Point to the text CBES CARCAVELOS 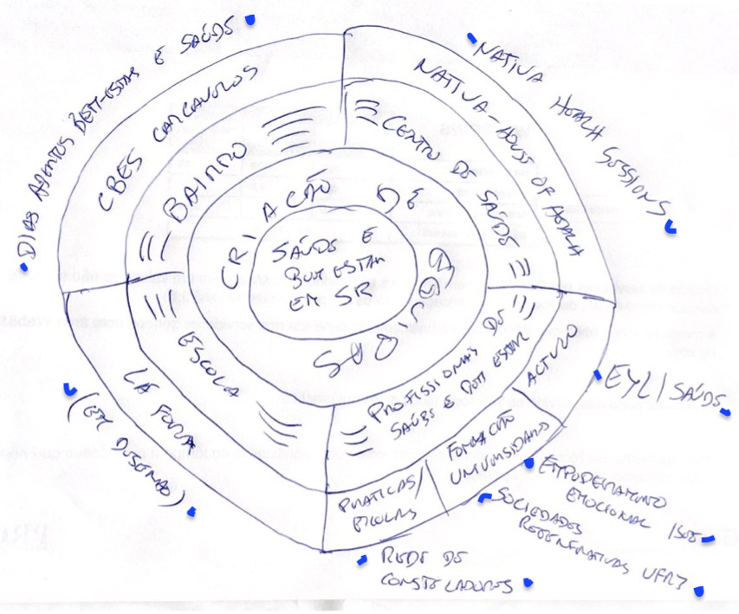(181, 135)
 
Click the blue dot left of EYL (597, 375)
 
